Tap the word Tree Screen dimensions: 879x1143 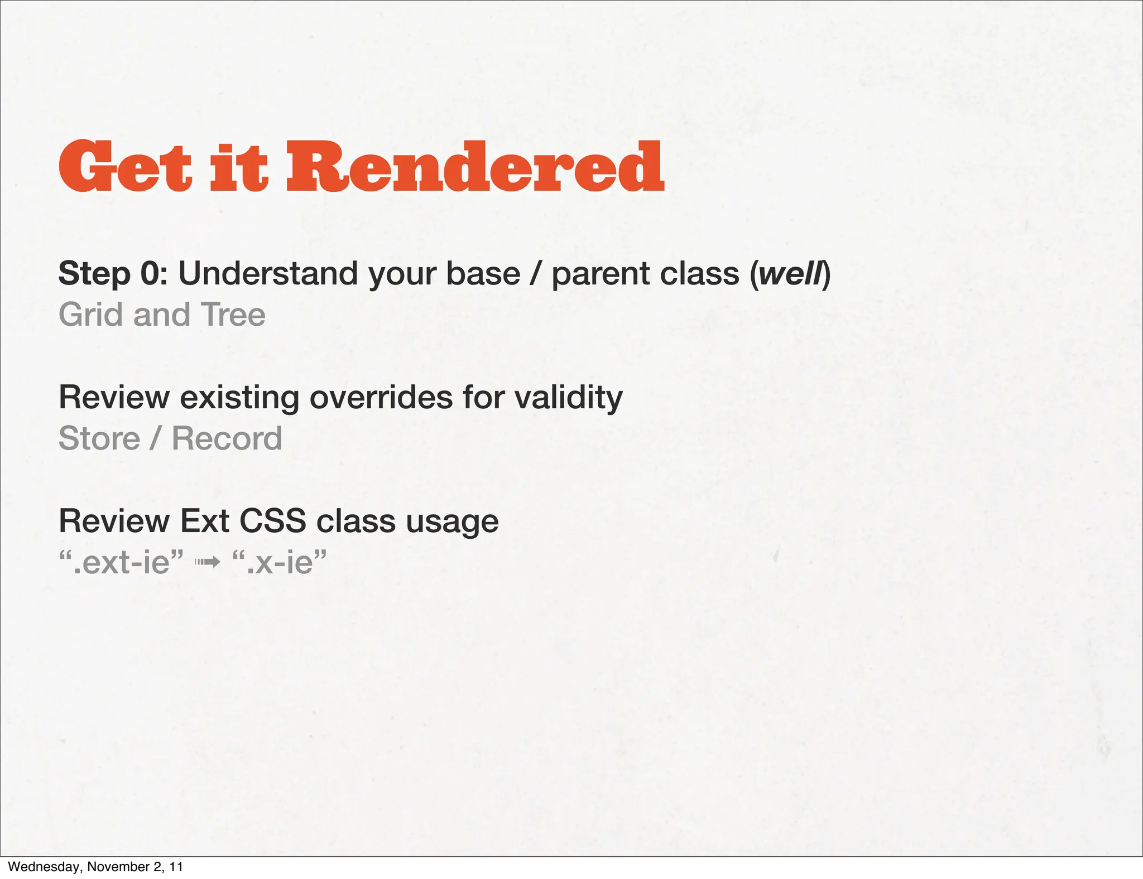click(x=233, y=315)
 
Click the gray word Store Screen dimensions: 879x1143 click(x=99, y=438)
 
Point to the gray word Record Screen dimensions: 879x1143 click(x=227, y=438)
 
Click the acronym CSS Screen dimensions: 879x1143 click(x=272, y=521)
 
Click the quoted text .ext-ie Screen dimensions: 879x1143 click(x=122, y=562)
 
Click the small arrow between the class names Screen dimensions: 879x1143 click(x=207, y=563)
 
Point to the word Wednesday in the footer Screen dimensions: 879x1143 click(x=45, y=867)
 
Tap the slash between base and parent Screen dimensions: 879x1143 click(x=536, y=274)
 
